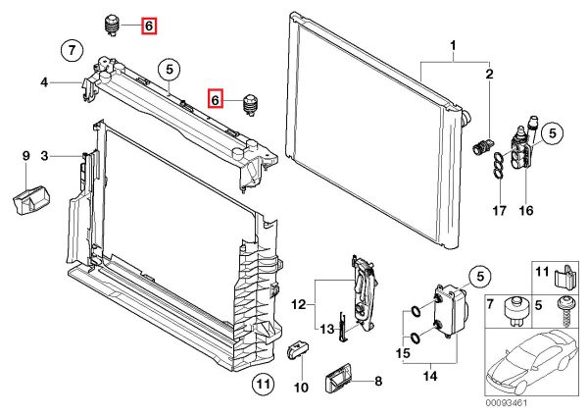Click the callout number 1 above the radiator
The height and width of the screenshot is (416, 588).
coord(454,46)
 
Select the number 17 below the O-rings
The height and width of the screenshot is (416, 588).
coord(499,209)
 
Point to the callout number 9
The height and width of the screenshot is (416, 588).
coord(26,155)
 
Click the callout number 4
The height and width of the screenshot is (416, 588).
coord(44,82)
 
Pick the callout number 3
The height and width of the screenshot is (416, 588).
coord(44,155)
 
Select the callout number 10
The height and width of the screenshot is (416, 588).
coord(301,387)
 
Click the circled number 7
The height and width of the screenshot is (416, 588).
coord(70,48)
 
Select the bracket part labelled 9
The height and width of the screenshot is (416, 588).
coord(29,201)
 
